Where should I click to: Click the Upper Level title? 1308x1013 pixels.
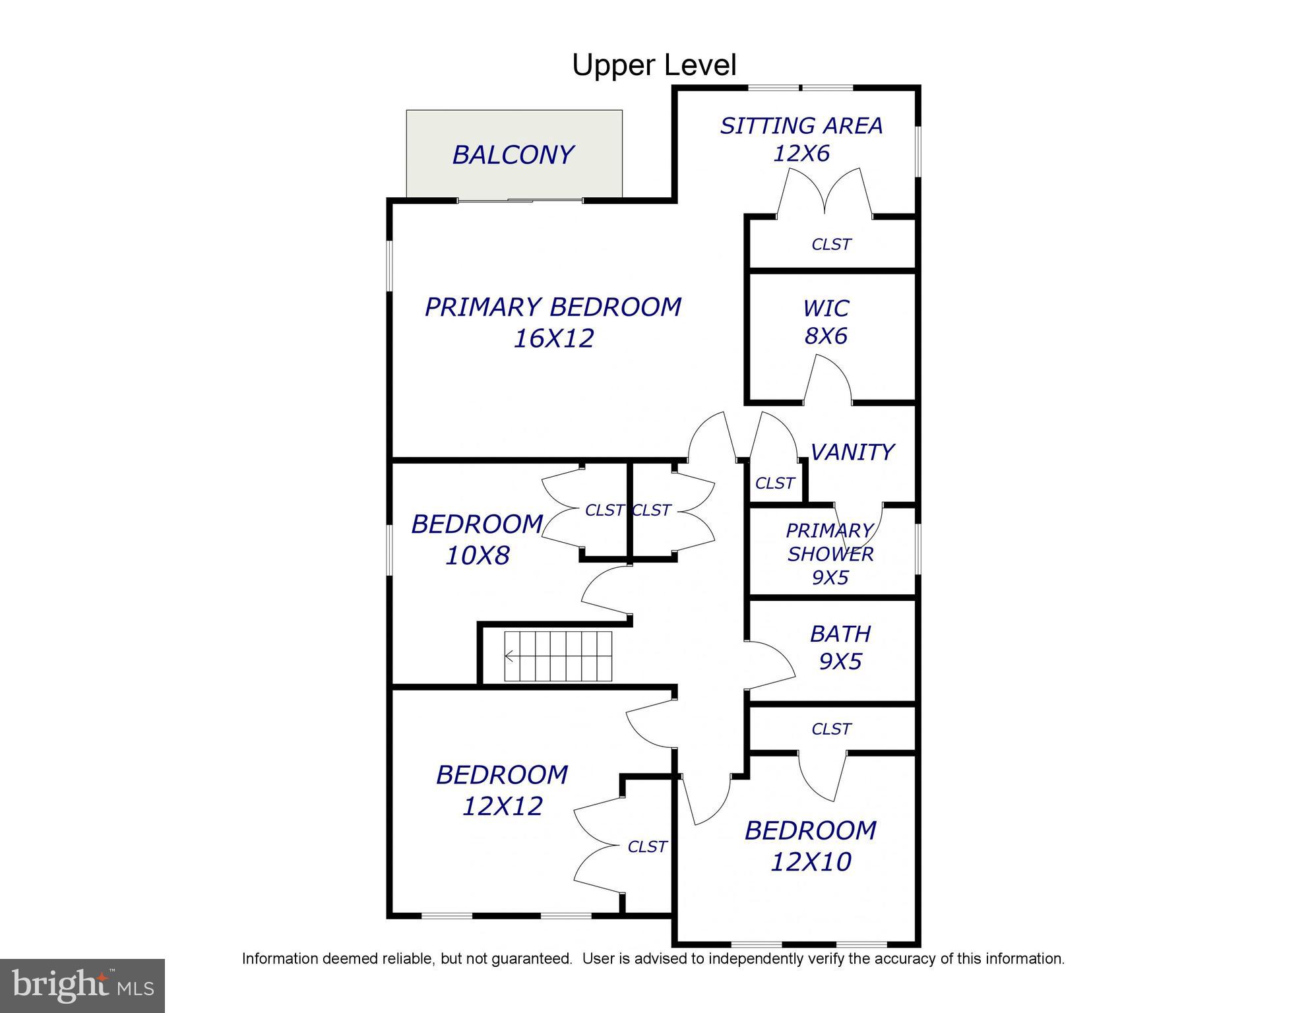654,65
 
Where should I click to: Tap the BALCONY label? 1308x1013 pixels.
513,155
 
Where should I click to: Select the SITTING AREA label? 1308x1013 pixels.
801,126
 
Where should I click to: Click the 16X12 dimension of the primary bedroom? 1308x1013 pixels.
554,338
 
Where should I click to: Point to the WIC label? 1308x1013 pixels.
826,309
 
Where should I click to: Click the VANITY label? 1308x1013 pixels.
852,452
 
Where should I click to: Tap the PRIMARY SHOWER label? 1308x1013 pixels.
830,542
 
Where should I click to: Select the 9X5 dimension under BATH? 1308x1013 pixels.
840,661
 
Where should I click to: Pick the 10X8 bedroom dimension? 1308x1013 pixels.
478,556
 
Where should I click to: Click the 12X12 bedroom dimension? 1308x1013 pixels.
503,806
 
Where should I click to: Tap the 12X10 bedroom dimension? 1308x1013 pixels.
811,861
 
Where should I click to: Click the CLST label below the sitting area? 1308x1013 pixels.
831,245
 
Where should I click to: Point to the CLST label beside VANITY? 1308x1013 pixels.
774,483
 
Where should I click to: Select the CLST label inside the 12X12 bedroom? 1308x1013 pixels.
647,846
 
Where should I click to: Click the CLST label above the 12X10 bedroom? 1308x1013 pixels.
831,729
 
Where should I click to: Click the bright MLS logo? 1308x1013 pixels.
82,985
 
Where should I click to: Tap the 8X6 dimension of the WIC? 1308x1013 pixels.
826,336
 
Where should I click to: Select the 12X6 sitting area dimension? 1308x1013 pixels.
801,154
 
